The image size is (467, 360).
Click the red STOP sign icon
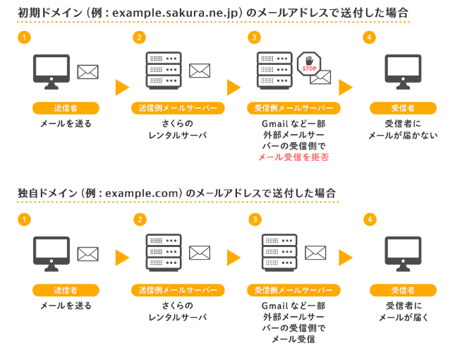click(309, 64)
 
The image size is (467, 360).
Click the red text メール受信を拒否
click(293, 157)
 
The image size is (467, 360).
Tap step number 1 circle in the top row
click(24, 37)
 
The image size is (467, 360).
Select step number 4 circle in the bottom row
click(370, 220)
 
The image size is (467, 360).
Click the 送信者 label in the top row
click(66, 108)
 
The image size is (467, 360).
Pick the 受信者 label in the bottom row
click(403, 290)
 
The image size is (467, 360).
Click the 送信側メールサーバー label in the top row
click(178, 108)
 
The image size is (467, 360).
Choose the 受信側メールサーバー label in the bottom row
click(293, 290)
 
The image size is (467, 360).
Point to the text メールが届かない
click(403, 136)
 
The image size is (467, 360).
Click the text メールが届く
click(404, 318)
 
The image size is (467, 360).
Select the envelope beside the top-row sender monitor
click(88, 72)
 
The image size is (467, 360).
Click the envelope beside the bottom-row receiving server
click(315, 253)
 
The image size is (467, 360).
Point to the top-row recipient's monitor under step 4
click(403, 72)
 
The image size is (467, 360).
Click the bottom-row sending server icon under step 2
click(164, 253)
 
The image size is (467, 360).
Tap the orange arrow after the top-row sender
click(122, 88)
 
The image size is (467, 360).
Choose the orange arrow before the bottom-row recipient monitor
click(346, 258)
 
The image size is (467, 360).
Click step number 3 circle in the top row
click(254, 37)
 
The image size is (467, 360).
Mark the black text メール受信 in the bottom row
click(293, 339)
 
